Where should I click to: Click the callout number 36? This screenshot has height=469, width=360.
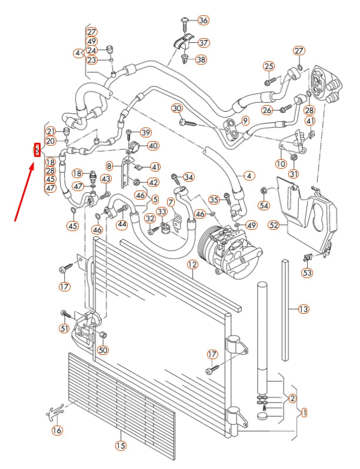[x=203, y=21]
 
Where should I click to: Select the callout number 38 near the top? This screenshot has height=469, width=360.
[x=201, y=59]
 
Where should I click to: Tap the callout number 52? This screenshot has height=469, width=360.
[x=274, y=224]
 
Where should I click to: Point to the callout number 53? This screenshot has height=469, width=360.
[x=307, y=272]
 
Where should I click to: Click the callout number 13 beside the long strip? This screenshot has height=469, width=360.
[x=304, y=309]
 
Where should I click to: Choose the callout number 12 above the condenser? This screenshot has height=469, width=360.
[x=192, y=265]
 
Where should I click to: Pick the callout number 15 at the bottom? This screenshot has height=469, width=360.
[x=120, y=445]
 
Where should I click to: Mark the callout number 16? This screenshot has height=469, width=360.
[x=57, y=431]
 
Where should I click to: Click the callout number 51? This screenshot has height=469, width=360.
[x=64, y=328]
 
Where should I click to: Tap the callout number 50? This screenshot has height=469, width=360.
[x=103, y=350]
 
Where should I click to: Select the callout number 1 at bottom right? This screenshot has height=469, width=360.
[x=304, y=413]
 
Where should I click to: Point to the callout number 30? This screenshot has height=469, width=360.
[x=177, y=108]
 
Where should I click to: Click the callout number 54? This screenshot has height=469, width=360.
[x=264, y=205]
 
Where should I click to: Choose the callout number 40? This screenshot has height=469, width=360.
[x=153, y=146]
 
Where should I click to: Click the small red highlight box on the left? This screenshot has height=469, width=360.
[x=36, y=150]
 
